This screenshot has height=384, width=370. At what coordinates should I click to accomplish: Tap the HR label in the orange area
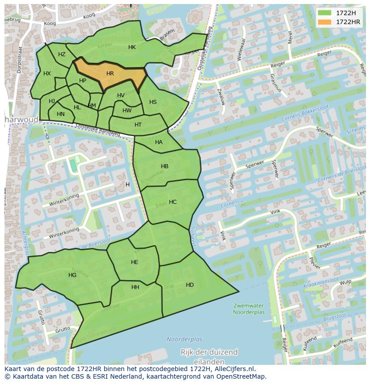[110, 74]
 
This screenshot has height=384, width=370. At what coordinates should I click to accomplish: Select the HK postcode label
[132, 47]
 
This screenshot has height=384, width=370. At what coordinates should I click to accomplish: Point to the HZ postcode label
[62, 54]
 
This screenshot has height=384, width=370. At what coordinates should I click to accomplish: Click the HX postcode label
[47, 74]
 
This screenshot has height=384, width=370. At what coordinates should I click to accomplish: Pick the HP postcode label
[83, 81]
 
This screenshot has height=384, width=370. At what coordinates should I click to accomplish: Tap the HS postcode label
[153, 102]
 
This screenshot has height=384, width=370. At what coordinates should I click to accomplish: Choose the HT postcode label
[138, 125]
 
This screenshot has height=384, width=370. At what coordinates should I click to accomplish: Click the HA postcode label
[159, 142]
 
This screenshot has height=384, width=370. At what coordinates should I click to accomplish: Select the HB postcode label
[164, 166]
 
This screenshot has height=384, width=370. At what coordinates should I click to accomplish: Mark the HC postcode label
[172, 202]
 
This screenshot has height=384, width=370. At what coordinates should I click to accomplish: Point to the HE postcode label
[135, 262]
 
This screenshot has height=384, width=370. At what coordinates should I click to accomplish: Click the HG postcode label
[72, 275]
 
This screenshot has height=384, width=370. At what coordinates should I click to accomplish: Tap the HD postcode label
[190, 285]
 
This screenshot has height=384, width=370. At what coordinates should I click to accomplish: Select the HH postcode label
[135, 287]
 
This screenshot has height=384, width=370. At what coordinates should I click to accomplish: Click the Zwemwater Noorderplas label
[249, 309]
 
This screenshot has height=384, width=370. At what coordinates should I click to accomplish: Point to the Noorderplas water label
[185, 339]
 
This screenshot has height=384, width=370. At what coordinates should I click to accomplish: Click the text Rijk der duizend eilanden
[209, 356]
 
